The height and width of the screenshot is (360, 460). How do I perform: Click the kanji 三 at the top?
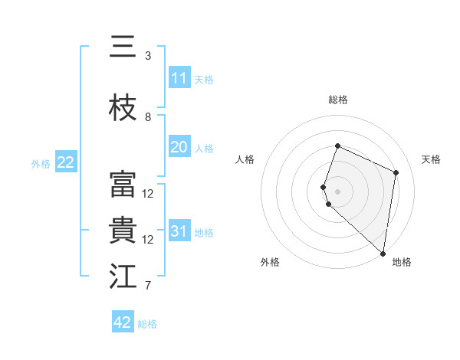[x=123, y=47]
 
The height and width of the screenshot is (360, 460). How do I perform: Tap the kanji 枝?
[x=123, y=108]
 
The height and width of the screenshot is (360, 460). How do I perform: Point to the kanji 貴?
[x=123, y=231]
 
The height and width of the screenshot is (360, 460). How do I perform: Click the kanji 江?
[x=123, y=277]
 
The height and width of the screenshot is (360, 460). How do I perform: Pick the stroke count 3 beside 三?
[x=148, y=56]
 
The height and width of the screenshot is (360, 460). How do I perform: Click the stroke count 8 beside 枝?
[x=148, y=117]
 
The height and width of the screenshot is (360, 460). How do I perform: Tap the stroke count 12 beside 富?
[x=148, y=194]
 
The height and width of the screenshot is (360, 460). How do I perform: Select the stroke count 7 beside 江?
[x=148, y=286]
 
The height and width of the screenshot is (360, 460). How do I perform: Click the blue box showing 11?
[x=179, y=78]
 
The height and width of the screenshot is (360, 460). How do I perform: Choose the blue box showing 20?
[x=179, y=148]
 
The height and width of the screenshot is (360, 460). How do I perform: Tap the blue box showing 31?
[x=179, y=231]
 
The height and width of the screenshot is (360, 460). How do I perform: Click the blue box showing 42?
[x=123, y=322]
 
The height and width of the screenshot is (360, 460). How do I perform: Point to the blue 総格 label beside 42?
[x=147, y=324]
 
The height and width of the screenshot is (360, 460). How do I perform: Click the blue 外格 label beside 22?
[x=41, y=163]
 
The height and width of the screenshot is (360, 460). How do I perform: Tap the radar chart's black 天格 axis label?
[x=431, y=159]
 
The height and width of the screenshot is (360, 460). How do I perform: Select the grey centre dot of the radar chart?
[x=337, y=191]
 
